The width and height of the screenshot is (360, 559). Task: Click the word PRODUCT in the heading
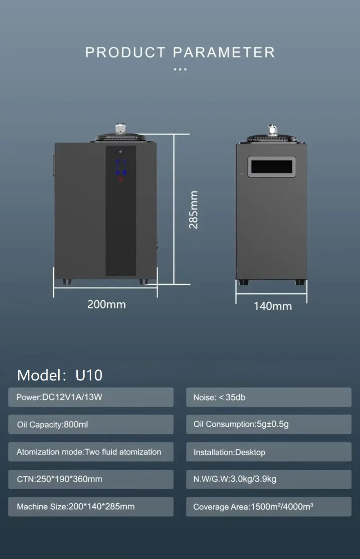125,53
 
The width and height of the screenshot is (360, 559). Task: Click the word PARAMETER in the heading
224,53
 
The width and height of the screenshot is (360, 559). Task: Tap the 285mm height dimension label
193,209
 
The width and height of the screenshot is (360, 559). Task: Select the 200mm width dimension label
107,305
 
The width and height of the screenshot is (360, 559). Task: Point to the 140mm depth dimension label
273,306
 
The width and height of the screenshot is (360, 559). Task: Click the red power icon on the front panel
121,179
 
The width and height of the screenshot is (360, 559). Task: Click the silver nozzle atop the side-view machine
273,129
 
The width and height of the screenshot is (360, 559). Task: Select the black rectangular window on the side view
272,167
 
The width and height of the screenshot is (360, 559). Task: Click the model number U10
89,375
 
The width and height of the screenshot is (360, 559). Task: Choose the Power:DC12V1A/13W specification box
91,397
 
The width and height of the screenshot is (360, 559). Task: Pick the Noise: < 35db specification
269,397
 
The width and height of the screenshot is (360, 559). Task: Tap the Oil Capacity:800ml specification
91,424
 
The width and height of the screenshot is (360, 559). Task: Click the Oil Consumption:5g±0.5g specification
269,424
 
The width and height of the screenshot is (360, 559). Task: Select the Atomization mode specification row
91,452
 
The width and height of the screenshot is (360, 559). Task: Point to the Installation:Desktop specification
269,452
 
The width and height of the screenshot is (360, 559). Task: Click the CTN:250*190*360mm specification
91,479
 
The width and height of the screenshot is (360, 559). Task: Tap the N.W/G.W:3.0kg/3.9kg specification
269,479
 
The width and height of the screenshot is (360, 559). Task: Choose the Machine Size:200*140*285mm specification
91,506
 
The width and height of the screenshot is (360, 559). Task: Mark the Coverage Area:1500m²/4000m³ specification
269,506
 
